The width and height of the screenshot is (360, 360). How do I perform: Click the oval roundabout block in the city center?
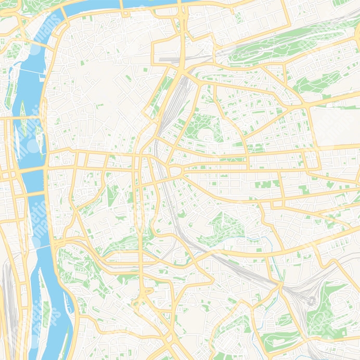175,171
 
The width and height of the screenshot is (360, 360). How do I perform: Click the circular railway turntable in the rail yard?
311,301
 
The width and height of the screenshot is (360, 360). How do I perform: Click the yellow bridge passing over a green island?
23,119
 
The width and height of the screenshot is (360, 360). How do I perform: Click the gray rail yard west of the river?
7,291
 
